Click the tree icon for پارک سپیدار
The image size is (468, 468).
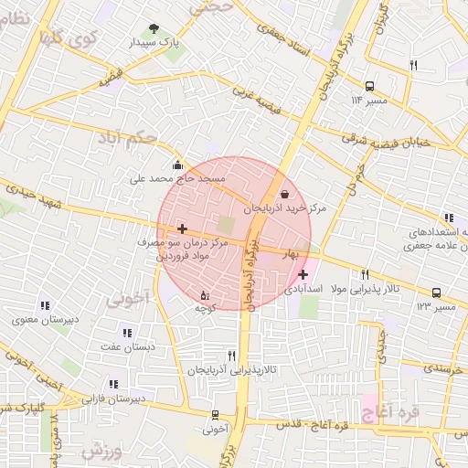(153, 29)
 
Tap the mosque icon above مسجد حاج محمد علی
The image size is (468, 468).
(177, 165)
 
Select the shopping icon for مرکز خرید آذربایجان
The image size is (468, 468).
(285, 194)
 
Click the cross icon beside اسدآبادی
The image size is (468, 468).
(303, 273)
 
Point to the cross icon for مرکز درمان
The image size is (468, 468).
(183, 228)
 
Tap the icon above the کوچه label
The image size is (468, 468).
(204, 294)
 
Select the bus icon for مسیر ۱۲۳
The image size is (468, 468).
(437, 293)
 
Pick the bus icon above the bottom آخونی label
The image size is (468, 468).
(215, 414)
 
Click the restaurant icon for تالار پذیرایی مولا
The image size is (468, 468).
(365, 274)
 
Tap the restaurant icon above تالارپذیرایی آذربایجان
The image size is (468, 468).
(231, 356)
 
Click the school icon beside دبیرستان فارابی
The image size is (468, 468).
(113, 385)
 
